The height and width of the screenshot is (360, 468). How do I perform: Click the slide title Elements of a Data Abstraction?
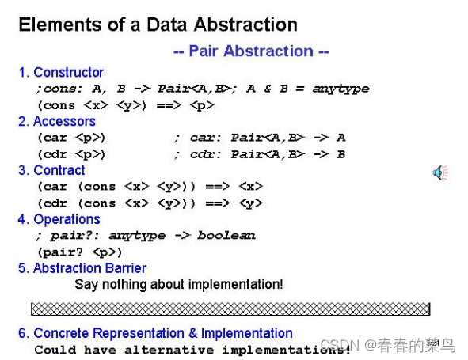(x=158, y=25)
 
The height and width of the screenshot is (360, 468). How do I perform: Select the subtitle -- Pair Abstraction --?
(x=251, y=51)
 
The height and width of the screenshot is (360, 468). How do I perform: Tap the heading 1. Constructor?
(x=61, y=73)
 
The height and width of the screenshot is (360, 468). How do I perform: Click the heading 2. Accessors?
(x=57, y=121)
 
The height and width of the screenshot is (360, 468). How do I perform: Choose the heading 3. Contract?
(x=51, y=170)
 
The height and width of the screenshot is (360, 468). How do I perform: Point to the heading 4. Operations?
(x=59, y=219)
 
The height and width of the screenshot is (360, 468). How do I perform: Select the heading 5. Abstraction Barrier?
(x=82, y=268)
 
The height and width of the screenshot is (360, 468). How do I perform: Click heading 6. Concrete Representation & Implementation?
(x=155, y=333)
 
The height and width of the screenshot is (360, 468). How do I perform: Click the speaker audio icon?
(x=440, y=172)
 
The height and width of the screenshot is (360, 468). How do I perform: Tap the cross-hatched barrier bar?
(x=230, y=309)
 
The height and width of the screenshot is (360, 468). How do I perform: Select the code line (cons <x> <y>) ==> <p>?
(x=125, y=105)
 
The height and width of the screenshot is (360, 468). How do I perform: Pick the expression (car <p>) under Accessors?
(x=71, y=138)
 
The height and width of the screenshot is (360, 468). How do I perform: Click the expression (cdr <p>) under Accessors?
(x=71, y=153)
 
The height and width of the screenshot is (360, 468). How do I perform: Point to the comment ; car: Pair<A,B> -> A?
(x=259, y=138)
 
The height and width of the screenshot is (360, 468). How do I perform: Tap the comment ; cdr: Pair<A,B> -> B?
(x=259, y=153)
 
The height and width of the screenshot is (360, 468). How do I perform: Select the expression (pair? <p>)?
(x=79, y=252)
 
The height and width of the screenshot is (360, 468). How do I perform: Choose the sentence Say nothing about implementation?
(x=178, y=284)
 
